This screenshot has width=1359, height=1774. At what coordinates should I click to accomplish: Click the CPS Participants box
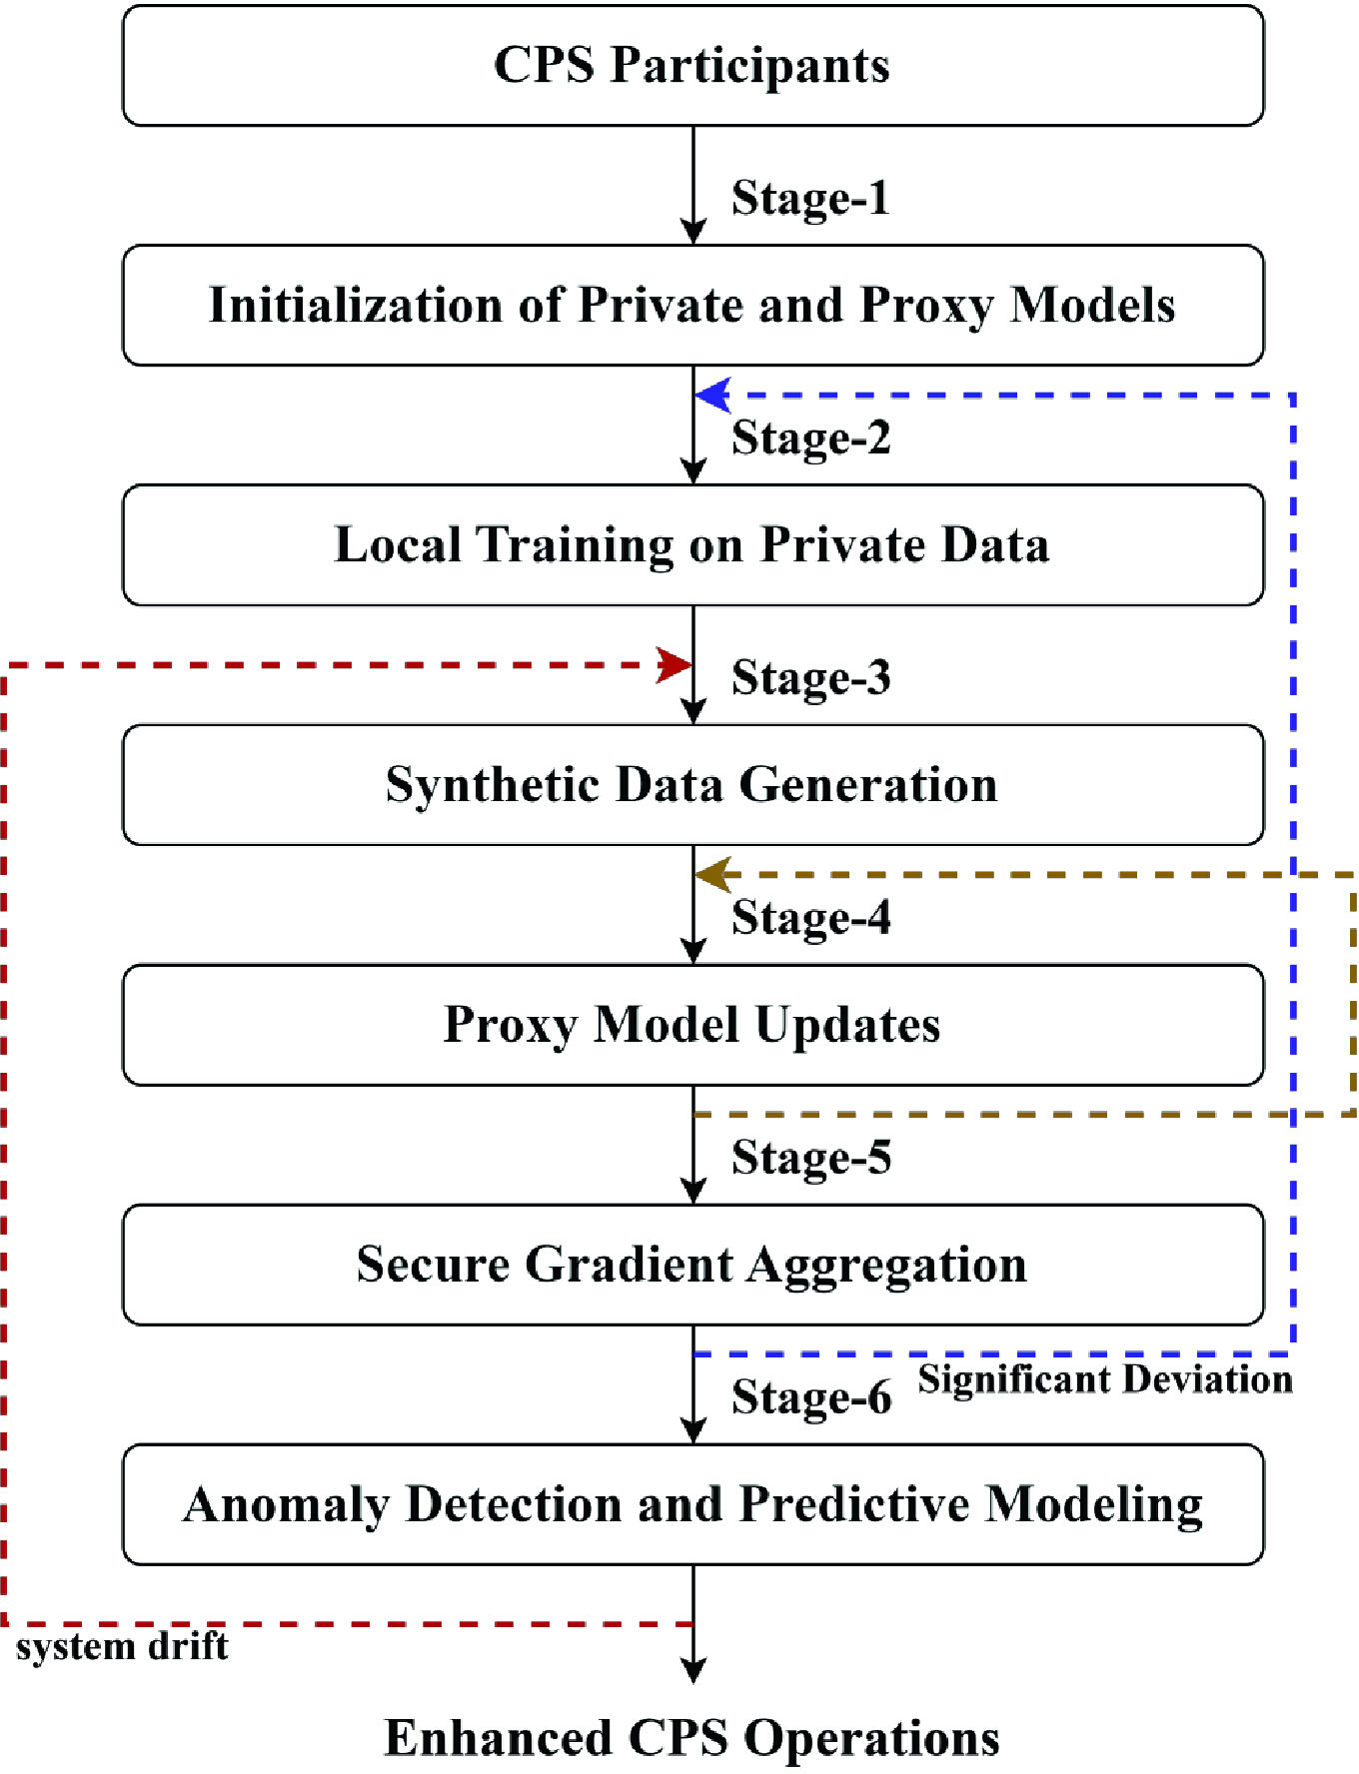pyautogui.click(x=693, y=66)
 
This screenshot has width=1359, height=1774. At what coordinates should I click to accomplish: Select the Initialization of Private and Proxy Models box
pyautogui.click(x=693, y=306)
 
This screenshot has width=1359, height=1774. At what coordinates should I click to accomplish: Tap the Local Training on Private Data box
pyautogui.click(x=693, y=545)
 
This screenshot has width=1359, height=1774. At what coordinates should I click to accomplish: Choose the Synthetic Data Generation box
pyautogui.click(x=693, y=785)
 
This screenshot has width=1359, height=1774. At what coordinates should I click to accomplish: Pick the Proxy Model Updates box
pyautogui.click(x=693, y=1025)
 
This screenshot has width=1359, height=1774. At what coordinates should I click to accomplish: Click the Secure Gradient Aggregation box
pyautogui.click(x=693, y=1265)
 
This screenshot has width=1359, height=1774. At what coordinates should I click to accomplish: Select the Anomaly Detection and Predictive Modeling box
pyautogui.click(x=693, y=1504)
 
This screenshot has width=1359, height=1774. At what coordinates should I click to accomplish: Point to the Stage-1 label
pyautogui.click(x=810, y=198)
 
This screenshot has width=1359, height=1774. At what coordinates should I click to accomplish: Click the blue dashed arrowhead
pyautogui.click(x=712, y=396)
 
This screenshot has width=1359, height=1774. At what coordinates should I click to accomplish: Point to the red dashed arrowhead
pyautogui.click(x=674, y=664)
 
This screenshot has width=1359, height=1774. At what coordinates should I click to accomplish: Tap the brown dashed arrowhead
pyautogui.click(x=712, y=875)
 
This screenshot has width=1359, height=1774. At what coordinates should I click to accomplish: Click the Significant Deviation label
pyautogui.click(x=1105, y=1380)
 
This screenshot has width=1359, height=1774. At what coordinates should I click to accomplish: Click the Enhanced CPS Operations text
pyautogui.click(x=692, y=1738)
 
